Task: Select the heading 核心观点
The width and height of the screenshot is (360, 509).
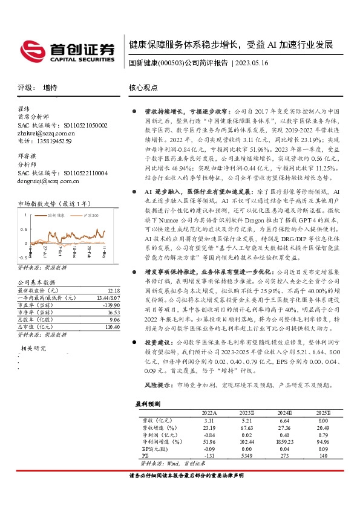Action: [143, 87]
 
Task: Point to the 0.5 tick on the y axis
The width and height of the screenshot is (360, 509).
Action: [27, 230]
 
